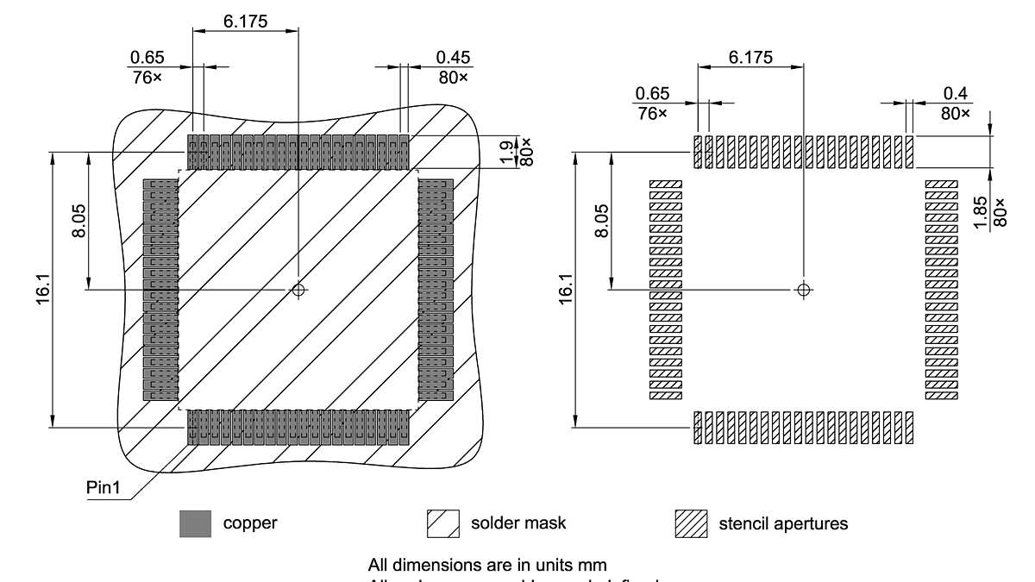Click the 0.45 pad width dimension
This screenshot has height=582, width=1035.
pyautogui.click(x=453, y=57)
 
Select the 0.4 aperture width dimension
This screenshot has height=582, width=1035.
pyautogui.click(x=955, y=92)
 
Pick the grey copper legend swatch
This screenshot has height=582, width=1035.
pyautogui.click(x=195, y=523)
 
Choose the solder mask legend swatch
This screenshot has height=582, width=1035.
pyautogui.click(x=443, y=523)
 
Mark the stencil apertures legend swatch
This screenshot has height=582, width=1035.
pyautogui.click(x=692, y=523)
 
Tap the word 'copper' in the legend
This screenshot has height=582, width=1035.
pyautogui.click(x=250, y=523)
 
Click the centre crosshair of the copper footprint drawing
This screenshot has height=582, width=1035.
pyautogui.click(x=298, y=290)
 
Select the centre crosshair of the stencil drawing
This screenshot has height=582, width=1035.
pyautogui.click(x=804, y=290)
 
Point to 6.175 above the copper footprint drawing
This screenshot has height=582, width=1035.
pyautogui.click(x=245, y=20)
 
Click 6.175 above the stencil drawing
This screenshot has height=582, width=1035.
pyautogui.click(x=750, y=57)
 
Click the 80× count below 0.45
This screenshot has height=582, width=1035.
pyautogui.click(x=453, y=78)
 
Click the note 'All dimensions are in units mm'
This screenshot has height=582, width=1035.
pyautogui.click(x=487, y=566)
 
